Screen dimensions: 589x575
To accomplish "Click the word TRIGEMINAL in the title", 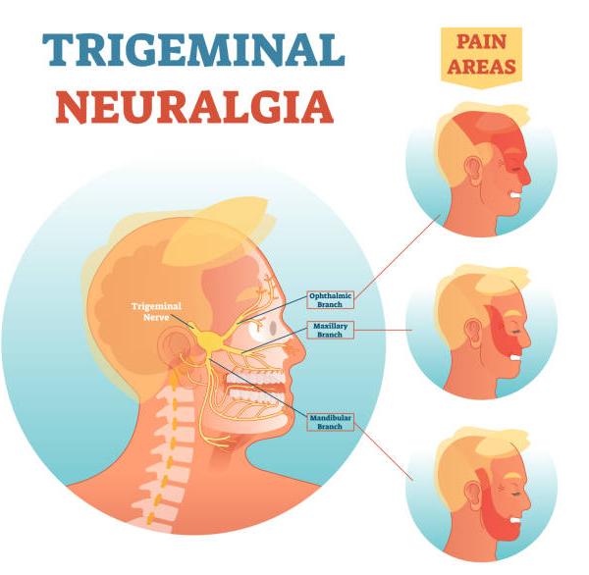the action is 193,50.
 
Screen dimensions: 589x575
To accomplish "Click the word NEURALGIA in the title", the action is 195,107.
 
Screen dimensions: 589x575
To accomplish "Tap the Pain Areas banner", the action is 481,57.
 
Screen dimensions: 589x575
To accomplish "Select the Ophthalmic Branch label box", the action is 330,299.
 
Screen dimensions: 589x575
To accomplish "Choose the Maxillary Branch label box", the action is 330,330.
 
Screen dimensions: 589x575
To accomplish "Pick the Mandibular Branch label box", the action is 330,422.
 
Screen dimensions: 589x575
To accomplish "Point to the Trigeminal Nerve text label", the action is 156,311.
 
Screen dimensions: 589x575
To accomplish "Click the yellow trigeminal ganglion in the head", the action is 210,340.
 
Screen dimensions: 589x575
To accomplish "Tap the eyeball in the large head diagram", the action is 264,329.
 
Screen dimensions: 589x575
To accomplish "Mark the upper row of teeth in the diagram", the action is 255,377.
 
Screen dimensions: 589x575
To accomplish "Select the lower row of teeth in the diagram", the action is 255,394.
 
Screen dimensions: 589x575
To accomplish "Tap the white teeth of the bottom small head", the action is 515,520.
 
